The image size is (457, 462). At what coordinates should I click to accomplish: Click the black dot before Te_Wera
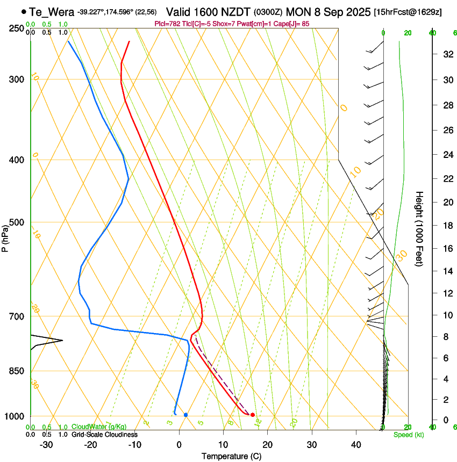pos(24,11)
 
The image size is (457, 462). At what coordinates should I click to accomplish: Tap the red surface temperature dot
pos(252,415)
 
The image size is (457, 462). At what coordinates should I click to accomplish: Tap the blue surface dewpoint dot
pos(185,415)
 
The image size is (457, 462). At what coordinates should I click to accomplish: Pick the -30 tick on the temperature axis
pos(46,445)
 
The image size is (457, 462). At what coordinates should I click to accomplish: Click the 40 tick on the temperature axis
pos(355,445)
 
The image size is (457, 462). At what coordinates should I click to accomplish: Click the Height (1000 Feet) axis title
pos(419,228)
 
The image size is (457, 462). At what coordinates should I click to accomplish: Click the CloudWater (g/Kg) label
pos(99,427)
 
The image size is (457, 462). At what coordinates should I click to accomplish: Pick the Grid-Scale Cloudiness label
pos(104,434)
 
